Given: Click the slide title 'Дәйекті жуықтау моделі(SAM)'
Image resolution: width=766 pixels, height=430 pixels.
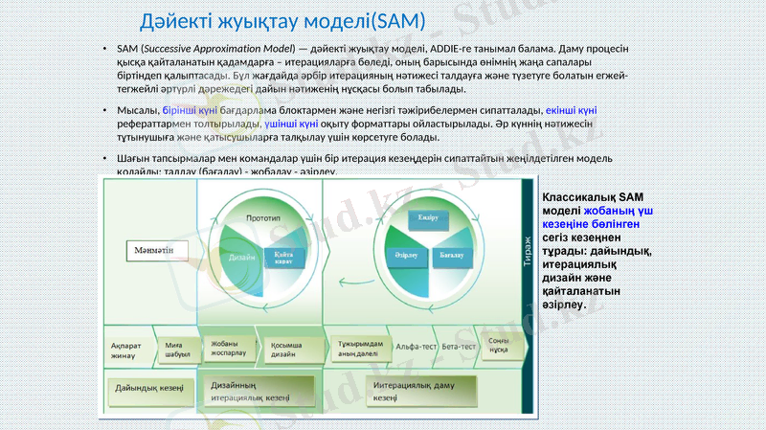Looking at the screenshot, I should point(282,20).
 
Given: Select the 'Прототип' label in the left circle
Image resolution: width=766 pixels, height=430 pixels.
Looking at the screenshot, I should point(262,217).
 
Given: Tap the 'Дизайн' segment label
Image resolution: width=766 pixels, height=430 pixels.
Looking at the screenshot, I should point(241,257).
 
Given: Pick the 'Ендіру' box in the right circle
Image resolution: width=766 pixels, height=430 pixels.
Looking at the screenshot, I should point(428,217).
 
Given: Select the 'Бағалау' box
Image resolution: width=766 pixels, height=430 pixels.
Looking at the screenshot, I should point(451,257).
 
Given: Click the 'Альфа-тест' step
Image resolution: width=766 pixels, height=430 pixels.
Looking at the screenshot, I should point(417,346).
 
